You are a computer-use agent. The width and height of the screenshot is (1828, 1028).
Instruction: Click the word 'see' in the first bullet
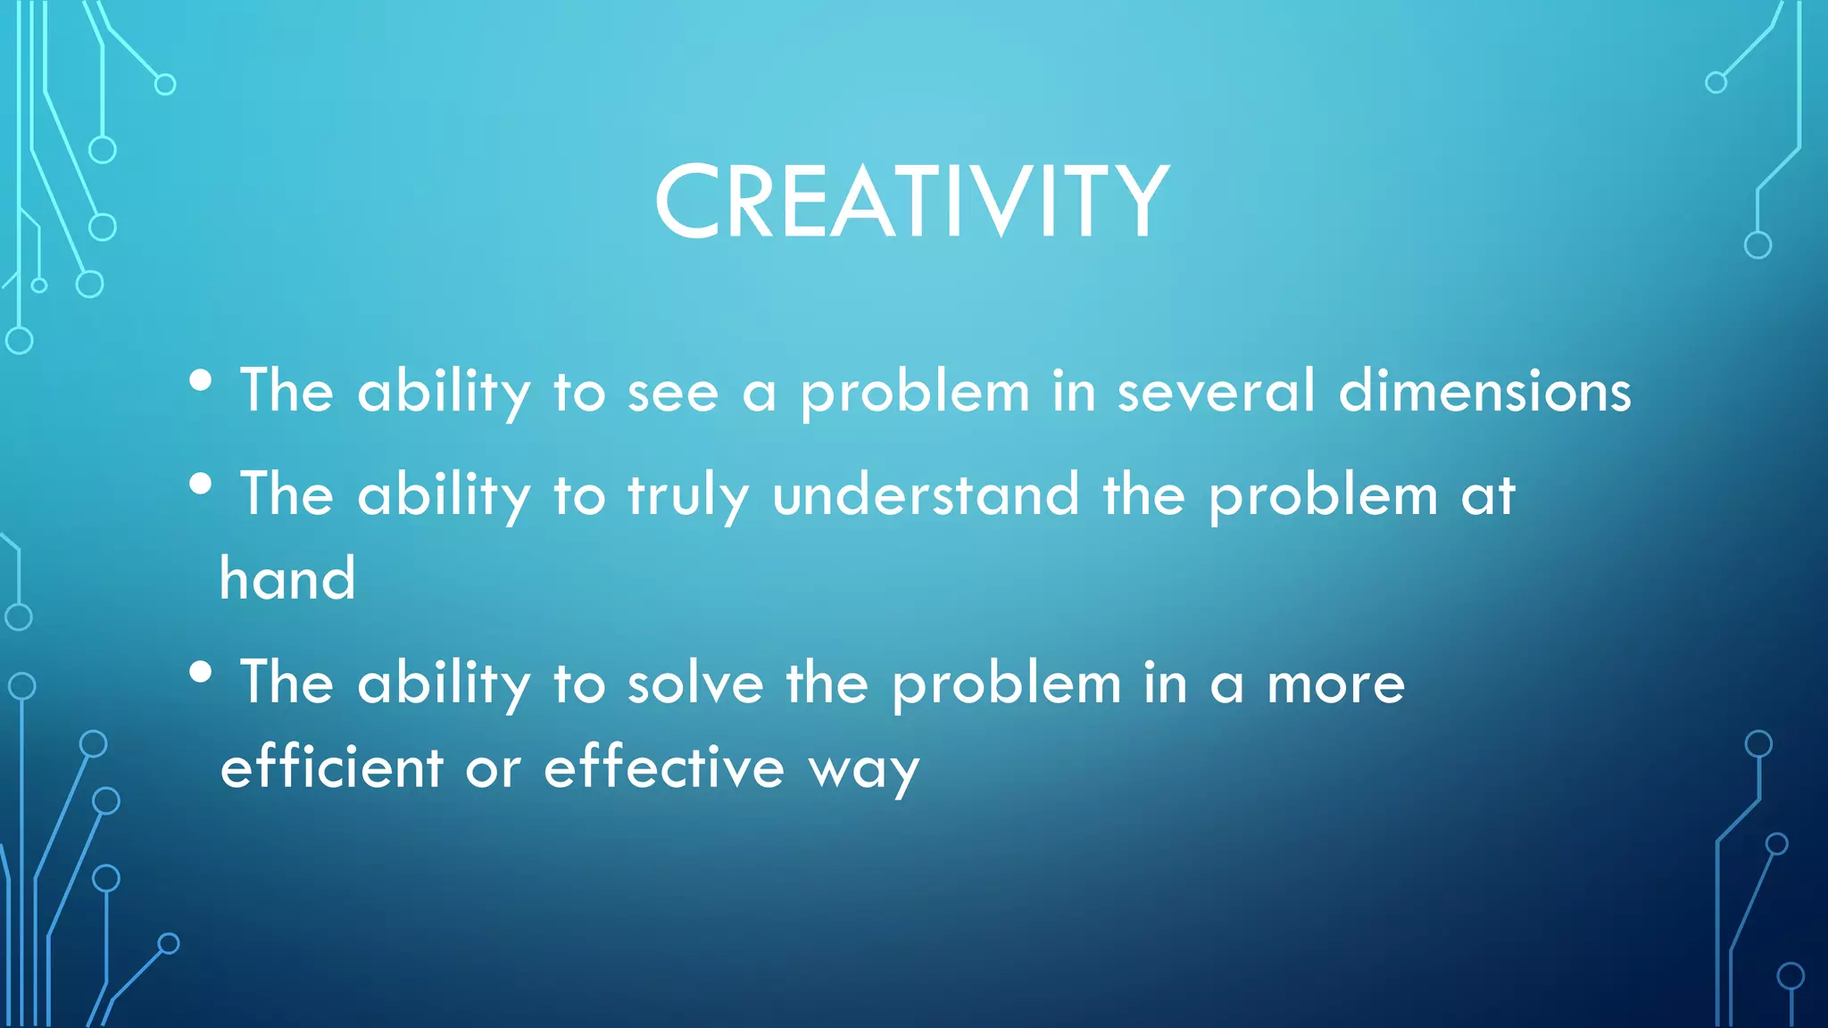click(x=673, y=393)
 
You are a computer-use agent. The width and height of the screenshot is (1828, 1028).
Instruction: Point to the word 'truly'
click(x=687, y=496)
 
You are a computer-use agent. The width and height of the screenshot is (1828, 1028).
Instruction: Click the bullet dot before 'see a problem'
click(x=201, y=381)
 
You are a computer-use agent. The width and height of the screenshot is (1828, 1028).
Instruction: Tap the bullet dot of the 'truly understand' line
click(x=201, y=485)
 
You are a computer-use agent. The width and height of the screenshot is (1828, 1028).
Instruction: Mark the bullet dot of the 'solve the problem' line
click(x=201, y=672)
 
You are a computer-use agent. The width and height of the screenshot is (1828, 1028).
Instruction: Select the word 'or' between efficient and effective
click(x=493, y=769)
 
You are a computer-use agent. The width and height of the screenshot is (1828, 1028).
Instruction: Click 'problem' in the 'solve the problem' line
click(x=1006, y=685)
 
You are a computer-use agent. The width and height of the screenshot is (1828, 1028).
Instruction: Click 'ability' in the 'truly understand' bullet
click(x=444, y=496)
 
